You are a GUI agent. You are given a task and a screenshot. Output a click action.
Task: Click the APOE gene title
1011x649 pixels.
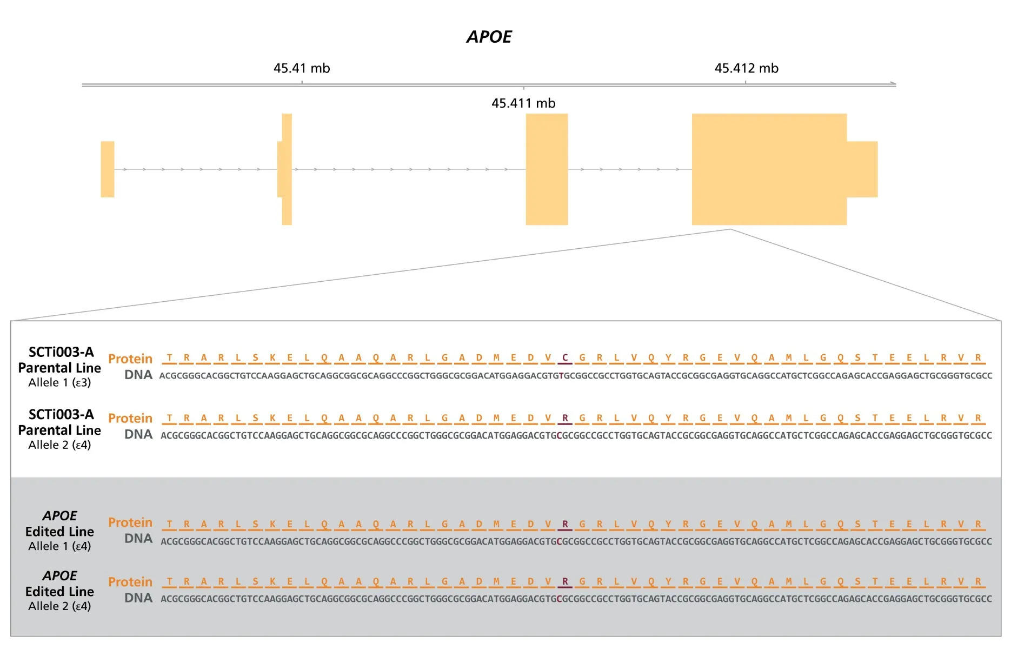(x=489, y=37)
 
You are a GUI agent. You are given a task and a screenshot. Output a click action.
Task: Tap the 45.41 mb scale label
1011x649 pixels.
(x=301, y=68)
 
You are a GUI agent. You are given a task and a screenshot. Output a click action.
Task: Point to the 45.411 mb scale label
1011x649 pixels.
(x=523, y=103)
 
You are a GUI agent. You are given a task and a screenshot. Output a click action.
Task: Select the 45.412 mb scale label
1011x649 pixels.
(x=746, y=68)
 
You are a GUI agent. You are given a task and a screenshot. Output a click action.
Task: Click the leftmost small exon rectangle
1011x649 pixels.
(x=108, y=169)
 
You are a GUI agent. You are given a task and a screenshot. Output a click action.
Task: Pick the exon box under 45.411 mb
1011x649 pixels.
(x=547, y=169)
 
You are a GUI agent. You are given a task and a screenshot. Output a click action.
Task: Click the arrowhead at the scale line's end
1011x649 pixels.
(x=893, y=84)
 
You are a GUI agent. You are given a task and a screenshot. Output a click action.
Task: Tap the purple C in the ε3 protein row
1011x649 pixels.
(x=565, y=357)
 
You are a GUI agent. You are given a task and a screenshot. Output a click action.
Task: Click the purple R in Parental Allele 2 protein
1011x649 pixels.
(x=565, y=418)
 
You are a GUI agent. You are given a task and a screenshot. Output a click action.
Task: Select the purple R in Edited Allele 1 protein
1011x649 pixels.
(x=565, y=524)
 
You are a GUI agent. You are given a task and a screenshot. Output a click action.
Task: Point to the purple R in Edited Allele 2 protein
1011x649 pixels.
(x=565, y=581)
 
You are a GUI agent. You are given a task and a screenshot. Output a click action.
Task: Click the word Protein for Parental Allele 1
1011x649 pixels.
(x=130, y=359)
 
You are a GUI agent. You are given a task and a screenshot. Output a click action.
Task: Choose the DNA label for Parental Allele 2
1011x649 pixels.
(x=138, y=434)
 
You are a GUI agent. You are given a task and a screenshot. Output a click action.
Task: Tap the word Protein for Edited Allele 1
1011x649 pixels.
(x=130, y=522)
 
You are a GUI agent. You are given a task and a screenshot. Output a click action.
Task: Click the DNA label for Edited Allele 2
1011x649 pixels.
(x=138, y=598)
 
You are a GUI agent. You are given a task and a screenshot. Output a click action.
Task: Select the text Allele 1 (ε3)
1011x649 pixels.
(x=59, y=382)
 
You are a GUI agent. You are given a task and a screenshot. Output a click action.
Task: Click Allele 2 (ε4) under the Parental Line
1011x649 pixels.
(x=59, y=445)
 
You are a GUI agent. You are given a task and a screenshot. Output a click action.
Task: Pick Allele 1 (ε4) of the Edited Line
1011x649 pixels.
(x=59, y=546)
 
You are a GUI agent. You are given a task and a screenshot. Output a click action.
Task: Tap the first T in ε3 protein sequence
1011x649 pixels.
(x=170, y=357)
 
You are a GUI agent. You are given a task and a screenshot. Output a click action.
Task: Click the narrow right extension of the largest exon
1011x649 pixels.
(x=862, y=169)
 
